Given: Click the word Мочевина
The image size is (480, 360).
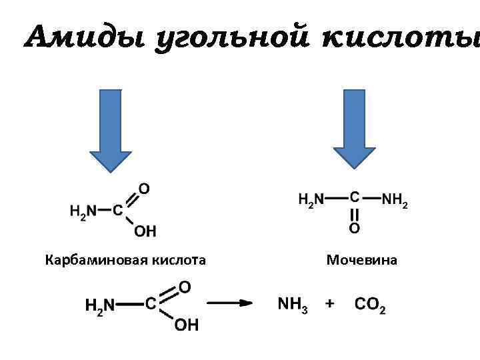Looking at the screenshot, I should [x=361, y=260].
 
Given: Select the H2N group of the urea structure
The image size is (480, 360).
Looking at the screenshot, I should [x=310, y=199].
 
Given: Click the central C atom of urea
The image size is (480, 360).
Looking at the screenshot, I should [x=354, y=197].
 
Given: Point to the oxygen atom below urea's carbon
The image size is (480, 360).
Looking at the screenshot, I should [x=354, y=229].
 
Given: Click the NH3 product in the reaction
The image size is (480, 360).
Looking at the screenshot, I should [x=293, y=305].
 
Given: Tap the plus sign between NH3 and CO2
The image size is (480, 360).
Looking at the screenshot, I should [x=329, y=304].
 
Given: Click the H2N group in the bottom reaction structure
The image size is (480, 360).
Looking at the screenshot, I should [x=100, y=305].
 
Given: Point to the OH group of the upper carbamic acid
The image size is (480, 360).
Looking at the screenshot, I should [x=145, y=231].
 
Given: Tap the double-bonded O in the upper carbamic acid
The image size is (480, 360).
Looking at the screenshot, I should [x=143, y=189].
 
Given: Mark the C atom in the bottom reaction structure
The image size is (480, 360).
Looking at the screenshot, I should [x=151, y=304].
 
